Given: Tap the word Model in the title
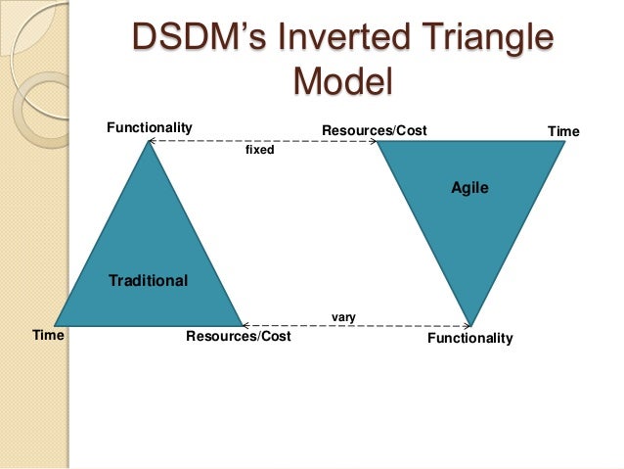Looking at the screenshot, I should [342, 81].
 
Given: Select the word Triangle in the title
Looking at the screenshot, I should [482, 40].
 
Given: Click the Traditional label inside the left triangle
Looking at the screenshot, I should [148, 281].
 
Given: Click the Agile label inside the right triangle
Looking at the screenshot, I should [469, 186].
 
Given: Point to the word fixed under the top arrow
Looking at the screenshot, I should [259, 152].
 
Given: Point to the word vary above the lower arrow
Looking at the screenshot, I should [343, 316].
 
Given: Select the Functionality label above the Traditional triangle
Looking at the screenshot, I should [149, 127].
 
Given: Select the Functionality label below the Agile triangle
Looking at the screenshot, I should [470, 338].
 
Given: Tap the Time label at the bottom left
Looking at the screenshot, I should [48, 335].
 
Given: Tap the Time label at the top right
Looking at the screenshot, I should [563, 131].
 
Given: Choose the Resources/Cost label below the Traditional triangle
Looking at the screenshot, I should [238, 337].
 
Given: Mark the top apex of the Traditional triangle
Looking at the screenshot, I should [149, 143].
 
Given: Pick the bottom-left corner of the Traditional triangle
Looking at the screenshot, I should [56, 323].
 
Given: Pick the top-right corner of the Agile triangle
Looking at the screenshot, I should [563, 143].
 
